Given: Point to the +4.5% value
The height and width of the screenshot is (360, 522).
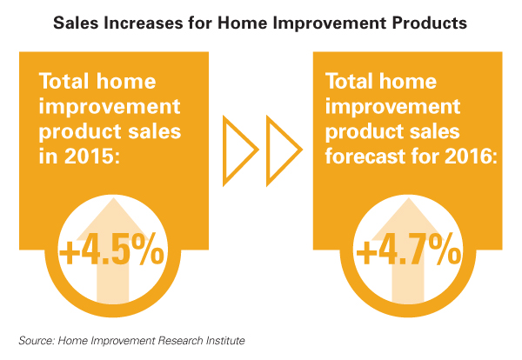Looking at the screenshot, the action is (111, 249).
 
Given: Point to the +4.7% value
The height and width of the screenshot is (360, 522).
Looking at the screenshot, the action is (409, 249).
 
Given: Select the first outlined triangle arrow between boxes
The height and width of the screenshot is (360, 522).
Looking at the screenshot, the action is (240, 150).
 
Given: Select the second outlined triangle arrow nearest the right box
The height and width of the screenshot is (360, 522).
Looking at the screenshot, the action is (284, 150).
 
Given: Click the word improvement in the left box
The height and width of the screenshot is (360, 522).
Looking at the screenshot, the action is (110, 108).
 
